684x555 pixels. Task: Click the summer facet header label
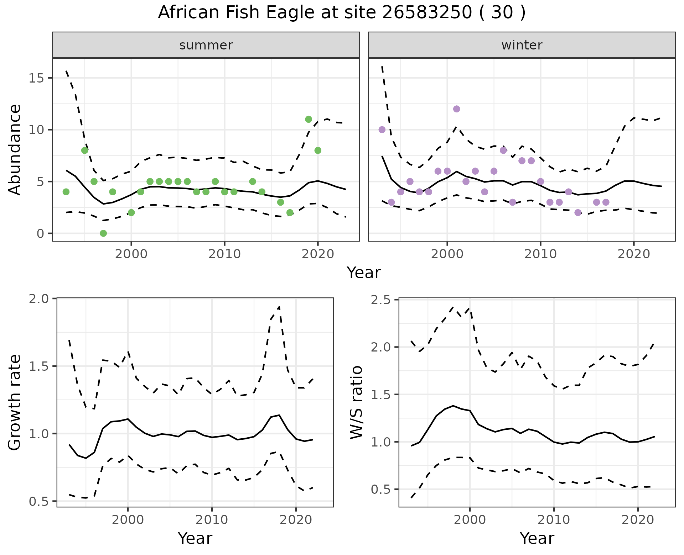point(206,45)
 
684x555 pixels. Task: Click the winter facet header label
point(522,45)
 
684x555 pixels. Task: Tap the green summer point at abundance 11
point(309,119)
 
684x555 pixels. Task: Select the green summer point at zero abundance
point(103,233)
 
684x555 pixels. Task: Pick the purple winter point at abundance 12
point(456,109)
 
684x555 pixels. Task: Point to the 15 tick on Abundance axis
point(36,78)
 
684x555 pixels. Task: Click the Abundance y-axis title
point(15,149)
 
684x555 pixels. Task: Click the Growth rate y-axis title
point(15,403)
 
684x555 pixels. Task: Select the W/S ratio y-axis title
point(356,403)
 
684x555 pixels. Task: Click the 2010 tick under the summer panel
point(224,254)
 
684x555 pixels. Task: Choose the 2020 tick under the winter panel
point(634,254)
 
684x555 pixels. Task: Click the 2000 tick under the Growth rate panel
point(128,520)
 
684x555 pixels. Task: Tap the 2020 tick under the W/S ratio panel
point(638,520)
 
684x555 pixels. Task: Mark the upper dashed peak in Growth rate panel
point(279,307)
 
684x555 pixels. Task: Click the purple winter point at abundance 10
point(382,129)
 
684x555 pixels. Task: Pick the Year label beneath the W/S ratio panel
point(537,538)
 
